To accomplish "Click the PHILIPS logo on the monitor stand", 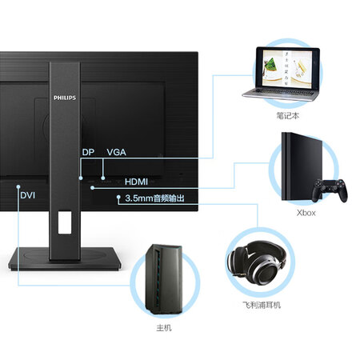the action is point(65,98).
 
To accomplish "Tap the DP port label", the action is point(88,152).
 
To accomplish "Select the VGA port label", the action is point(117,152).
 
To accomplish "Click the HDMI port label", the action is point(136,182).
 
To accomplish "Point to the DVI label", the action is point(28,195).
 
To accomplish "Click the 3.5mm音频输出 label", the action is point(154,198).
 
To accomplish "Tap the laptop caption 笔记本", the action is point(288,116).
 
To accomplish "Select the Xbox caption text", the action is point(306,213).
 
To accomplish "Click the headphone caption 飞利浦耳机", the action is point(262,305).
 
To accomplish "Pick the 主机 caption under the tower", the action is point(164,328).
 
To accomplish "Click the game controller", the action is point(330,190).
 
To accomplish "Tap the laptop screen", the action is point(287,69).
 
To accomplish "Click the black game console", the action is point(302,166).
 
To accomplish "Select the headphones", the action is point(257,262).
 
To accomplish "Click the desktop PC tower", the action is point(164,279).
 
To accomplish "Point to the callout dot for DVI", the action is point(18,186).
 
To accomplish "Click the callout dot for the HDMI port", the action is point(92,188).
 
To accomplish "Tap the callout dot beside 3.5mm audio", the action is point(118,197).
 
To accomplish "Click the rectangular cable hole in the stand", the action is point(65,222).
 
